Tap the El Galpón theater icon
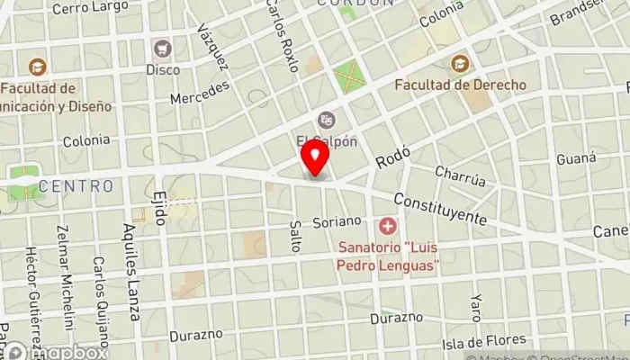[326, 119]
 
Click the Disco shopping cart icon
[163, 47]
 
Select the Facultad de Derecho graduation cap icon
[461, 64]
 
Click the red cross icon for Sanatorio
[388, 224]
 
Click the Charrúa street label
[460, 175]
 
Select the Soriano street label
[337, 220]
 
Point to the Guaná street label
[576, 158]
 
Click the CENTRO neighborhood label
[76, 186]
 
